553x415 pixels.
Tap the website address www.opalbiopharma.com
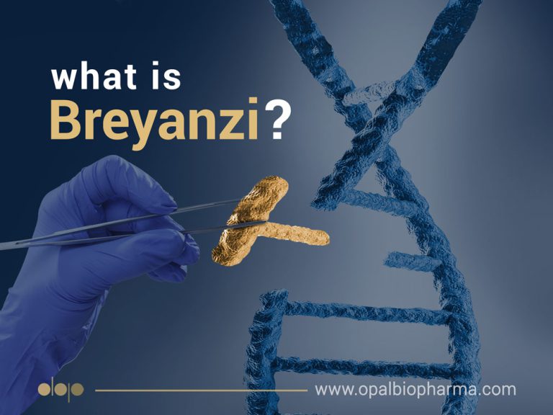(x=415, y=390)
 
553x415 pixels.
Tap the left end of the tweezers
(x=7, y=246)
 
